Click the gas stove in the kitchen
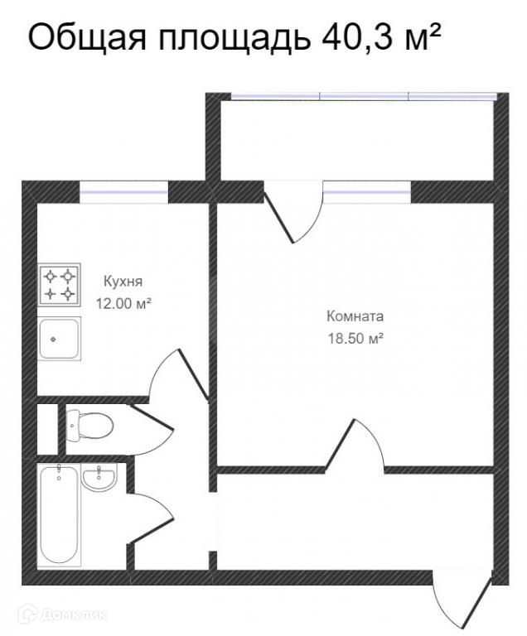(60, 285)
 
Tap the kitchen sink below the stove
(60, 339)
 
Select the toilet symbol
(89, 426)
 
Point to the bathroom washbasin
(99, 477)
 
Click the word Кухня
(123, 281)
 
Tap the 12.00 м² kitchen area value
(123, 303)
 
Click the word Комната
(355, 316)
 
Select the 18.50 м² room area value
(355, 338)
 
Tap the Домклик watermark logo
(65, 614)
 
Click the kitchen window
(123, 193)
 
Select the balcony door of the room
(293, 213)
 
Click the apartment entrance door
(462, 600)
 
